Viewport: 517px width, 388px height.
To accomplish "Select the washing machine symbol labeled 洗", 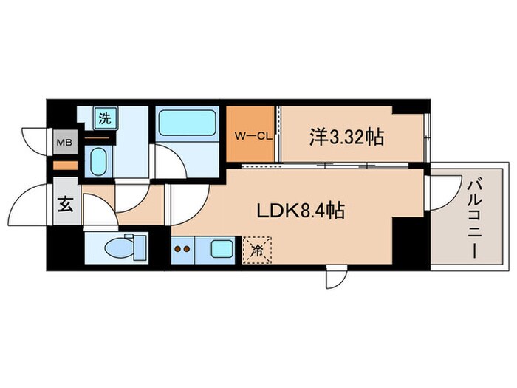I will pos(105,117).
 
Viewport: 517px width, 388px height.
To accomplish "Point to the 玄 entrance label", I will pos(65,206).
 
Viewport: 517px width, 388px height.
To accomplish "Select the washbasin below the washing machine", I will pos(97,160).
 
